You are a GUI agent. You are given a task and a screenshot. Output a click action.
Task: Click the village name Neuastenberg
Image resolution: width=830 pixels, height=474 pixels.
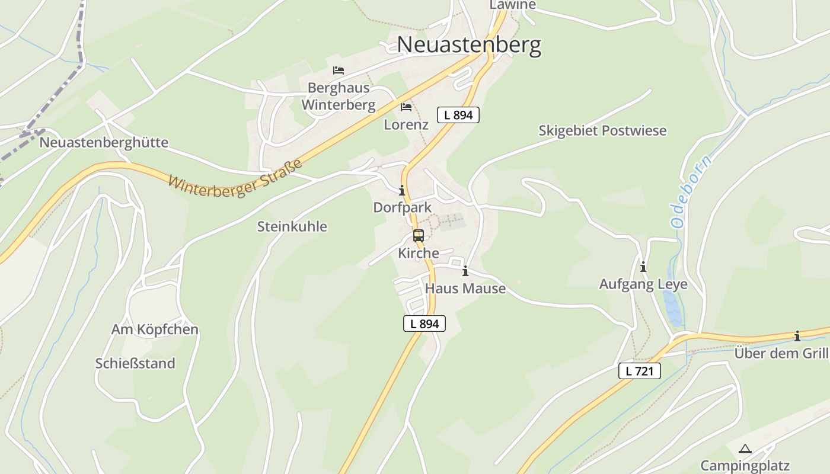[x=468, y=45]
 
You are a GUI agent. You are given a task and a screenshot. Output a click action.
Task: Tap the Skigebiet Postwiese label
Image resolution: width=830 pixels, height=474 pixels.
[x=602, y=130]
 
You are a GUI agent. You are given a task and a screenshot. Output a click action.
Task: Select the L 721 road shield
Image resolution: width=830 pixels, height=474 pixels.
[x=639, y=371]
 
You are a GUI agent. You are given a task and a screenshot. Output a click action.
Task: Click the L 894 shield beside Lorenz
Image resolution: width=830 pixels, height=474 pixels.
[x=458, y=115]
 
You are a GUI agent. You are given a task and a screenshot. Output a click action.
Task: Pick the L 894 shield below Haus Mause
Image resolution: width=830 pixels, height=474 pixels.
[x=424, y=324]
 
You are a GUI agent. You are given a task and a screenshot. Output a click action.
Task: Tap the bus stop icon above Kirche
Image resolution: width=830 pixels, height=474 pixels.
[x=419, y=236]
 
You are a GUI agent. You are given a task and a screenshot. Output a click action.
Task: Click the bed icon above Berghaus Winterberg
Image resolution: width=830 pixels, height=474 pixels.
[x=339, y=71]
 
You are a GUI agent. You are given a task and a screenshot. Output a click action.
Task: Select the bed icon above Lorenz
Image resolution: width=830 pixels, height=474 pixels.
[x=406, y=107]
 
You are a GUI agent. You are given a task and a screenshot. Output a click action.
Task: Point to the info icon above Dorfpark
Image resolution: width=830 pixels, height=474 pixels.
[x=402, y=190]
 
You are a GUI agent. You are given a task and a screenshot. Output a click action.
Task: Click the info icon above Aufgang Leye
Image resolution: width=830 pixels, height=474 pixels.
[x=643, y=267]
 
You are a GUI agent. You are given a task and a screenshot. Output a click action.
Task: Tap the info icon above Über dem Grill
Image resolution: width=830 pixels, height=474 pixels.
[x=797, y=337]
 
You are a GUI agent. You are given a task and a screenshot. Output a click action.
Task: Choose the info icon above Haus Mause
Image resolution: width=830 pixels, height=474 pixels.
[x=465, y=271]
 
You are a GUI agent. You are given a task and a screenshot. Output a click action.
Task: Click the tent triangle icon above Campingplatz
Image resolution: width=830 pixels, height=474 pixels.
[x=745, y=449]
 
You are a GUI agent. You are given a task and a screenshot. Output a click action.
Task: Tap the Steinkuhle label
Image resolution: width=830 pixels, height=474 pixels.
[x=292, y=226]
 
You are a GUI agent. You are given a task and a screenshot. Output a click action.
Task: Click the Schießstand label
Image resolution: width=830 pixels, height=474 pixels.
[x=135, y=363]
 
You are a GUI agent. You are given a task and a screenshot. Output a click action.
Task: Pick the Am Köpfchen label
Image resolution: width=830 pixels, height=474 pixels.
[x=155, y=329]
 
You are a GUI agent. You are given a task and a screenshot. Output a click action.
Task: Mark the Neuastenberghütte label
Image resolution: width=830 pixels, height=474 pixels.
[x=104, y=143]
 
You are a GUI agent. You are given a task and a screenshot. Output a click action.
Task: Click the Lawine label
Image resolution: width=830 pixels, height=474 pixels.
[x=512, y=5]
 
